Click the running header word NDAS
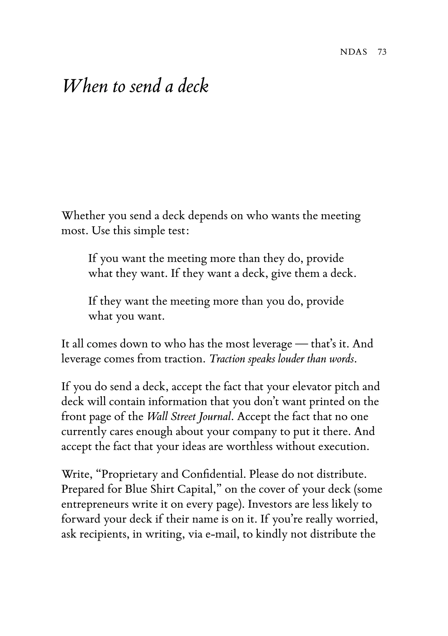[353, 52]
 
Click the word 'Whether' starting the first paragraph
[82, 216]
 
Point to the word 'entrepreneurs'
[95, 505]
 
